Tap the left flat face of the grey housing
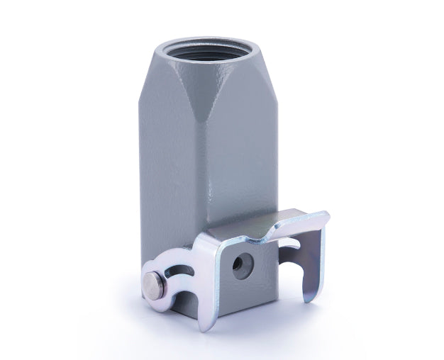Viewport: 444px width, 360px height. point(170,177)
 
